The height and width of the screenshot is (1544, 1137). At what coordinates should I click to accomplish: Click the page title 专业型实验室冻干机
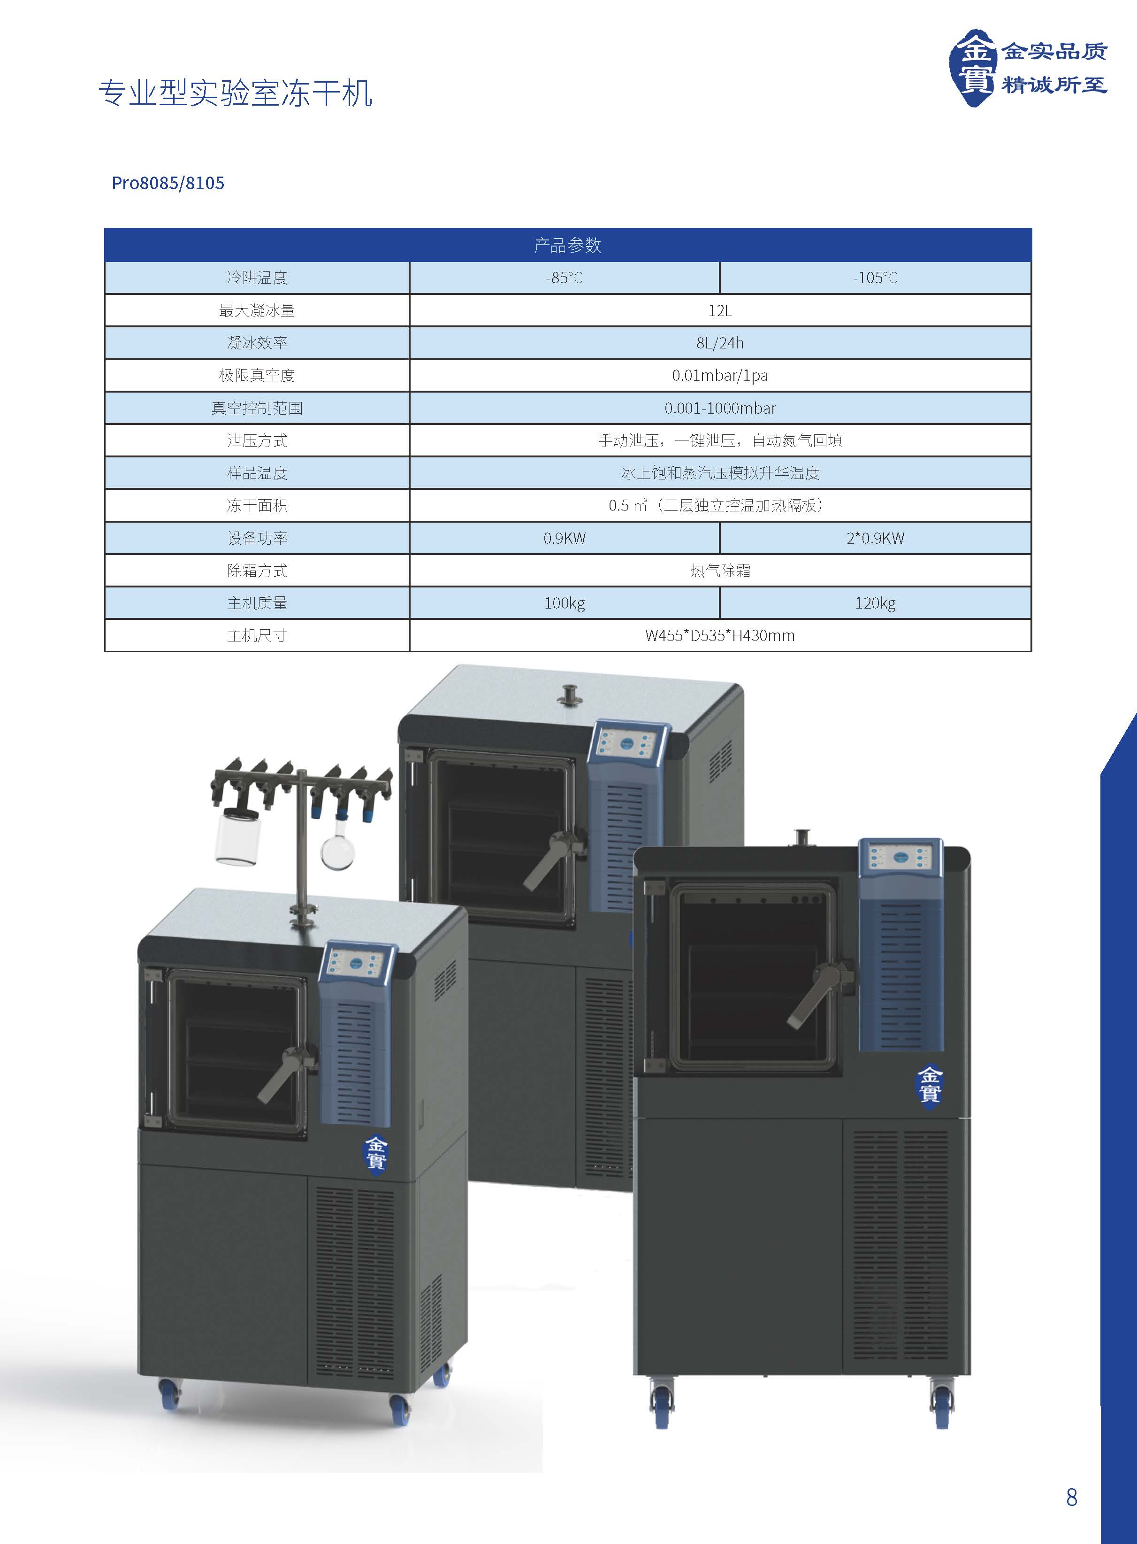(x=236, y=93)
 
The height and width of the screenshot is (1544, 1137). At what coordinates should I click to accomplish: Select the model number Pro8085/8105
(x=168, y=183)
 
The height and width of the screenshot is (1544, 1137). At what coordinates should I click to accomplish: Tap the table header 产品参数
(x=568, y=245)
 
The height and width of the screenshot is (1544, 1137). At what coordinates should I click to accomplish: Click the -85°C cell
(x=565, y=278)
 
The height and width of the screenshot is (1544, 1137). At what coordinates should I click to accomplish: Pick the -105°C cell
(x=876, y=278)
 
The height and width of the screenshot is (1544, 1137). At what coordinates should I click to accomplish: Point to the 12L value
(x=720, y=310)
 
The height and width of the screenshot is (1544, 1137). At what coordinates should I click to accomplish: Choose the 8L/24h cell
(x=720, y=343)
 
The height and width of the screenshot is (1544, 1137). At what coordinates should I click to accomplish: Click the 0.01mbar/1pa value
(x=720, y=375)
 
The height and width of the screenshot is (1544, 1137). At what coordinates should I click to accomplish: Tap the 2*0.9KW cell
(x=876, y=538)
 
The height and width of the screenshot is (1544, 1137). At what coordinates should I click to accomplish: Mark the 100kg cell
(x=565, y=603)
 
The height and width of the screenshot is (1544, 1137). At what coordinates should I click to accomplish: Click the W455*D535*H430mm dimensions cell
(x=720, y=636)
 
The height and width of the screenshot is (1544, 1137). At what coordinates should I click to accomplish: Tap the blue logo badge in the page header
(x=972, y=68)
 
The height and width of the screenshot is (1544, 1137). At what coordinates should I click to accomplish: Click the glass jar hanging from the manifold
(x=237, y=835)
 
